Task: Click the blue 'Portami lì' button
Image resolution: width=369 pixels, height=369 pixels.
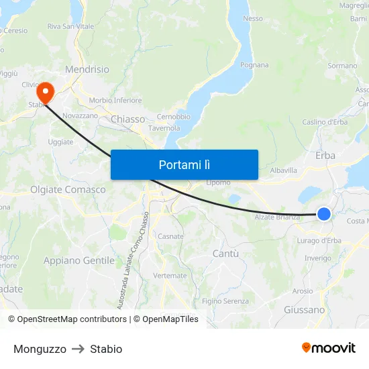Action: (x=184, y=164)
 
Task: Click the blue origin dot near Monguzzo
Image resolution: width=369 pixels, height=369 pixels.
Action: (x=323, y=214)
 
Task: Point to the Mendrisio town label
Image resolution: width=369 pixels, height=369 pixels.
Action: (x=87, y=69)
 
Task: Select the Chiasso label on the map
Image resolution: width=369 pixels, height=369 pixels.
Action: (x=127, y=119)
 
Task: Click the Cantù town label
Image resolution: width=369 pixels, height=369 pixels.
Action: (x=225, y=253)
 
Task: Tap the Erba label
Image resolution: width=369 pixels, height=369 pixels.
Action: (x=325, y=156)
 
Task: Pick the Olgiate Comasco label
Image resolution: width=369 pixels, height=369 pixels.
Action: (x=68, y=190)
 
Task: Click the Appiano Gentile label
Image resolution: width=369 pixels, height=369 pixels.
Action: (x=79, y=260)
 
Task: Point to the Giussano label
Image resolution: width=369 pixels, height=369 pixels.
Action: (x=304, y=310)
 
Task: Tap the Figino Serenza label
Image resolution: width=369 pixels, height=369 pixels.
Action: (x=225, y=301)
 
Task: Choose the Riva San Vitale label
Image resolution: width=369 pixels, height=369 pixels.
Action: (x=70, y=26)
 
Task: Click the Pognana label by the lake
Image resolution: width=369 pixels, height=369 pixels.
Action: (x=254, y=65)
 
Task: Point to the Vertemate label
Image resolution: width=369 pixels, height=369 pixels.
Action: (x=170, y=276)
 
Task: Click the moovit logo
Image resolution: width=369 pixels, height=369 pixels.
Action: (x=329, y=348)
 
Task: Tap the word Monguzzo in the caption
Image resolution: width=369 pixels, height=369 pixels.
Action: (x=40, y=349)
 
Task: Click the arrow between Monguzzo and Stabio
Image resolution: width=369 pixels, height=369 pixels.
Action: (x=78, y=349)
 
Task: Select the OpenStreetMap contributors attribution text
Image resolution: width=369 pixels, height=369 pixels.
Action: (x=67, y=319)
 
